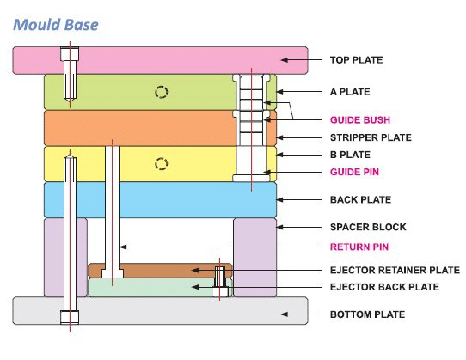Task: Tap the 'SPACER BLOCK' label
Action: [x=368, y=228]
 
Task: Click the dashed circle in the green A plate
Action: [x=159, y=93]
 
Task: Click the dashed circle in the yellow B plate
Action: [x=159, y=163]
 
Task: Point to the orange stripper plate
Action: [x=138, y=127]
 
